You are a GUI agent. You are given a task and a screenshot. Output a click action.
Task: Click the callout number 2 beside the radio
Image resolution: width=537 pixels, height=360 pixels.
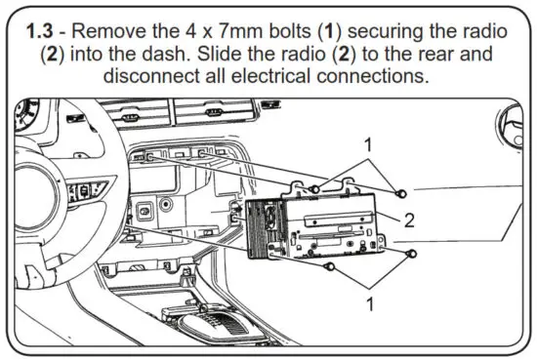[410, 220]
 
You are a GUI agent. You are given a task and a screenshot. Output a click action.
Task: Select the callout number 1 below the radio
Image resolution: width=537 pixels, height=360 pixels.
[370, 302]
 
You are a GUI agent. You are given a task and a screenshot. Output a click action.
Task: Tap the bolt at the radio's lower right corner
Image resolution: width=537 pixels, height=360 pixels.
[411, 254]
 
